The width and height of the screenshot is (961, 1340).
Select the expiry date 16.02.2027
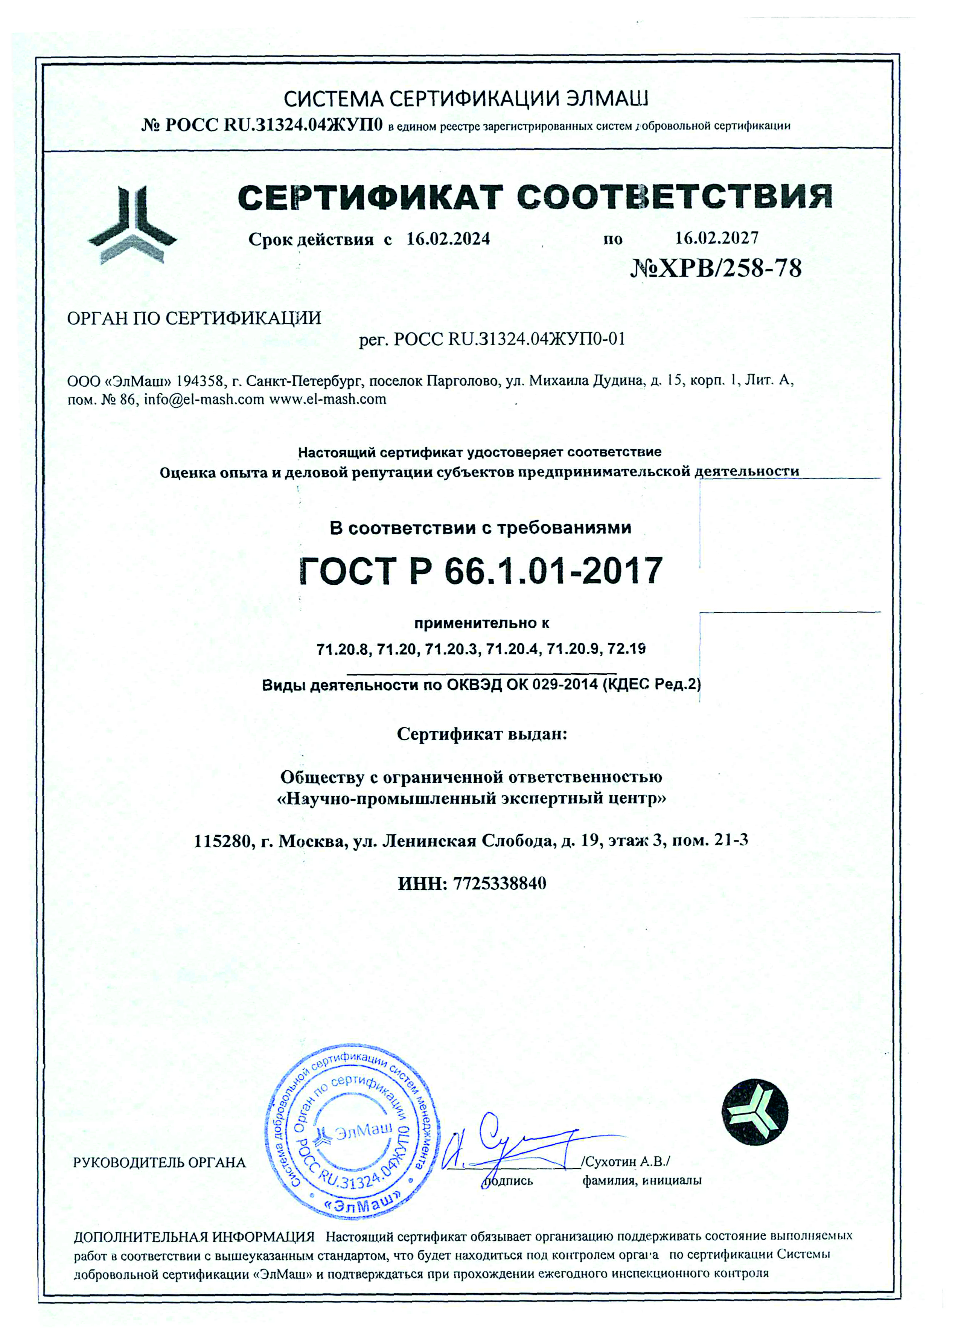716,238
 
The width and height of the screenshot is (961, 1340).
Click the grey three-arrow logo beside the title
132,224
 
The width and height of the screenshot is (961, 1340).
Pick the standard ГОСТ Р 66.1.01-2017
480,571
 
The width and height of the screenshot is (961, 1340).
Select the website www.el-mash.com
328,399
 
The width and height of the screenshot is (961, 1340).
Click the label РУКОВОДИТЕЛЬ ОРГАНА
159,1163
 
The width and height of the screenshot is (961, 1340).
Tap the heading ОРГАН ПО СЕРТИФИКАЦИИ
194,319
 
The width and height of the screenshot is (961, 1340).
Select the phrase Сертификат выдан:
481,735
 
